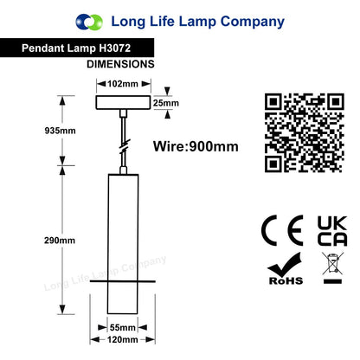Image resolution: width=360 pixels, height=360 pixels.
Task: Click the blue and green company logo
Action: coord(89,22)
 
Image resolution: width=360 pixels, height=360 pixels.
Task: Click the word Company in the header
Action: coord(253,22)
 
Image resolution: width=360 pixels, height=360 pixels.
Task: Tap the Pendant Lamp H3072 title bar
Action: coord(77,48)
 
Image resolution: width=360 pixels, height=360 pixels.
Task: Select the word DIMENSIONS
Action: coord(120,64)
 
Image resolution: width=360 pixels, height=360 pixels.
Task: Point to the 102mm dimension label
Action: coord(123,84)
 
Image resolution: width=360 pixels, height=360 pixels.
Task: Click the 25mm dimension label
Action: coord(166,103)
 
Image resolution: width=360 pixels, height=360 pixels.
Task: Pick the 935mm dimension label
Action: coord(60,131)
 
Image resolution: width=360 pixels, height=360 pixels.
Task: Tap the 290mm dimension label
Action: coord(60,241)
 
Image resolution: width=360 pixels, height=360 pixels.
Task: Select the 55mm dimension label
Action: coord(123,328)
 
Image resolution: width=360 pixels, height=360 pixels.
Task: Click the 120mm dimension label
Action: coord(123,339)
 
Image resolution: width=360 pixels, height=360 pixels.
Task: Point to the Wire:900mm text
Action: coord(196,146)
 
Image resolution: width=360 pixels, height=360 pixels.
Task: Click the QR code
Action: coord(305,133)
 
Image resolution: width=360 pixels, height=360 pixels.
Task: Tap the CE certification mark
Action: coord(282,230)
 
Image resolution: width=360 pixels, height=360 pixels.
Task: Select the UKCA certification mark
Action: coord(332,231)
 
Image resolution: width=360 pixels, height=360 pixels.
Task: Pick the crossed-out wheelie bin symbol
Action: coord(333,267)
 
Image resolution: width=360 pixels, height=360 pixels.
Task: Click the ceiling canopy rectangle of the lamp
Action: coord(123,102)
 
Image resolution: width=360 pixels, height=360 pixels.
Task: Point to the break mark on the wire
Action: coord(125,146)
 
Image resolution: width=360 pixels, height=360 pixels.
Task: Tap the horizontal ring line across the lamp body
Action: coord(123,281)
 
